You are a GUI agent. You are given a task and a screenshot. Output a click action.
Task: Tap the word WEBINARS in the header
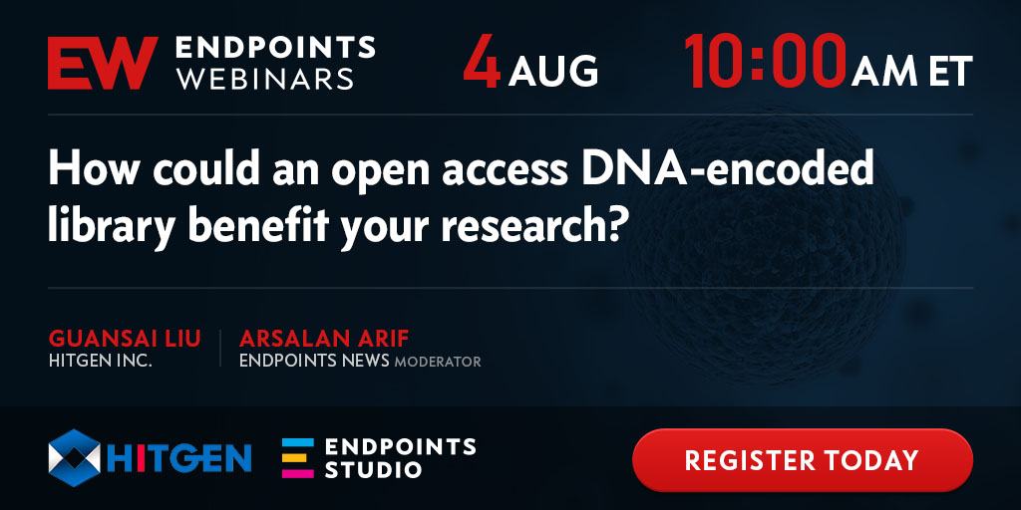point(264,79)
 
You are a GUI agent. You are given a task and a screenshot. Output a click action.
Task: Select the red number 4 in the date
point(482,63)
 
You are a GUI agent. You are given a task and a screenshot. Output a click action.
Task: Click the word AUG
point(553,71)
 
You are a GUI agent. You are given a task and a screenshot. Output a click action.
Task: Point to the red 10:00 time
point(765,63)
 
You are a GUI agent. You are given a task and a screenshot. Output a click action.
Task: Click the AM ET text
point(912,71)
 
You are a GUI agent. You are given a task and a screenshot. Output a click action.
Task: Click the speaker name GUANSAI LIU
point(125,340)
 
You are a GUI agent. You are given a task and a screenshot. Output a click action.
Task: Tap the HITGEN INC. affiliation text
point(101,361)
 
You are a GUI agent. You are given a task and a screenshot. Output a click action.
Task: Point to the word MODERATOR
point(438,362)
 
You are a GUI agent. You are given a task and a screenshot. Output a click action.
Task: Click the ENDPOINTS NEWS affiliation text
point(314,361)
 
